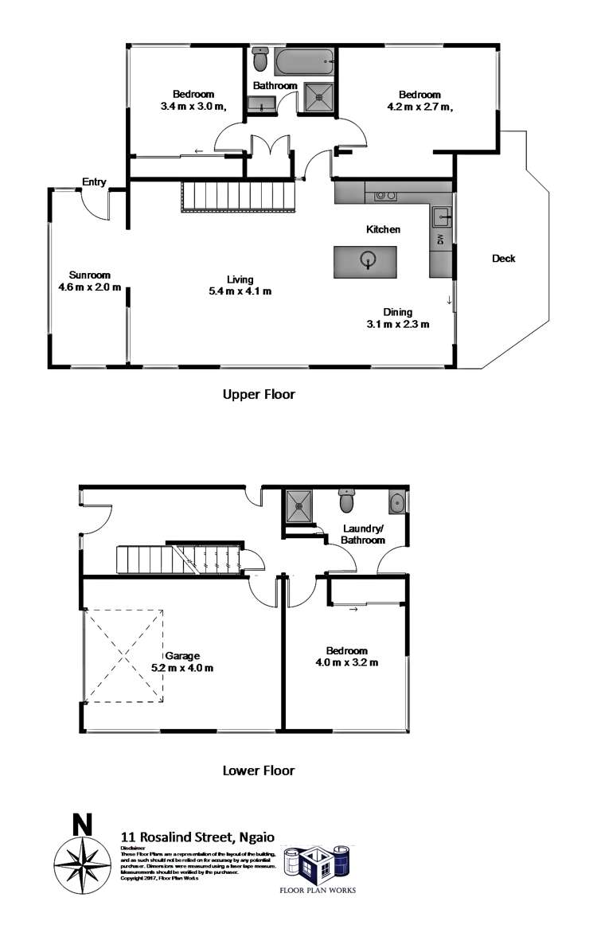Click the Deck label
tap(503, 258)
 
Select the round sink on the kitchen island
tap(368, 259)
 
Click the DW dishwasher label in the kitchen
tap(439, 240)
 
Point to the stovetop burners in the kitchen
tap(386, 194)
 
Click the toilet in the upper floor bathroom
tap(259, 60)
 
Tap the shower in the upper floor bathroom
tap(321, 98)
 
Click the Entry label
tap(94, 182)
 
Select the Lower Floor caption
tap(259, 770)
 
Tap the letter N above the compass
tap(81, 825)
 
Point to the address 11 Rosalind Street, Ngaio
tap(197, 837)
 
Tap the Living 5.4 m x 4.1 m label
tap(240, 285)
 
